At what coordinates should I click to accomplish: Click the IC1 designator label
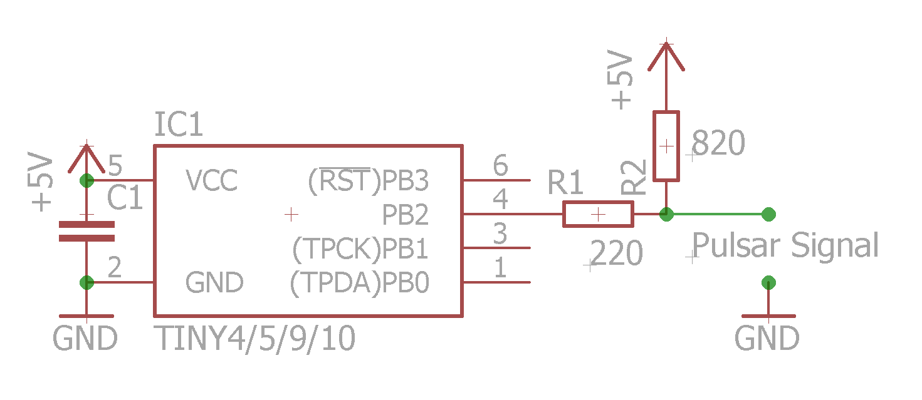179,126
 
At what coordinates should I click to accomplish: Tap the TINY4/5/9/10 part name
256,339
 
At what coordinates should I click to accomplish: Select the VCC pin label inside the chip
212,182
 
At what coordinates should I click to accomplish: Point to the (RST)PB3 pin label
368,182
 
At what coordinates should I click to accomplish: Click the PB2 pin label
406,215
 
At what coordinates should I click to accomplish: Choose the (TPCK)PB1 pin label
360,250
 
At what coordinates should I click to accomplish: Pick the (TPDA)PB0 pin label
360,284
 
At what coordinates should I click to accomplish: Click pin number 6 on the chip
500,167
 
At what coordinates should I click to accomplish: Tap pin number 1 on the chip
500,269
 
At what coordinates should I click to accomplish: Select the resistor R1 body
598,214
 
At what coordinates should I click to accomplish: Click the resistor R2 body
666,146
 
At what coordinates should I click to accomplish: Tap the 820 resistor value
720,143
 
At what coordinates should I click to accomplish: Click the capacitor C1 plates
86,231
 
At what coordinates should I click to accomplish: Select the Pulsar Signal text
785,245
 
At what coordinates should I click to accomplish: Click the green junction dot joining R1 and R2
666,214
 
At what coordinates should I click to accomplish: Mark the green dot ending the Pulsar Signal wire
768,214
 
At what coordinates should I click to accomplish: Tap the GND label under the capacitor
85,339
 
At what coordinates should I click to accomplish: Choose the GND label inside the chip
214,284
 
